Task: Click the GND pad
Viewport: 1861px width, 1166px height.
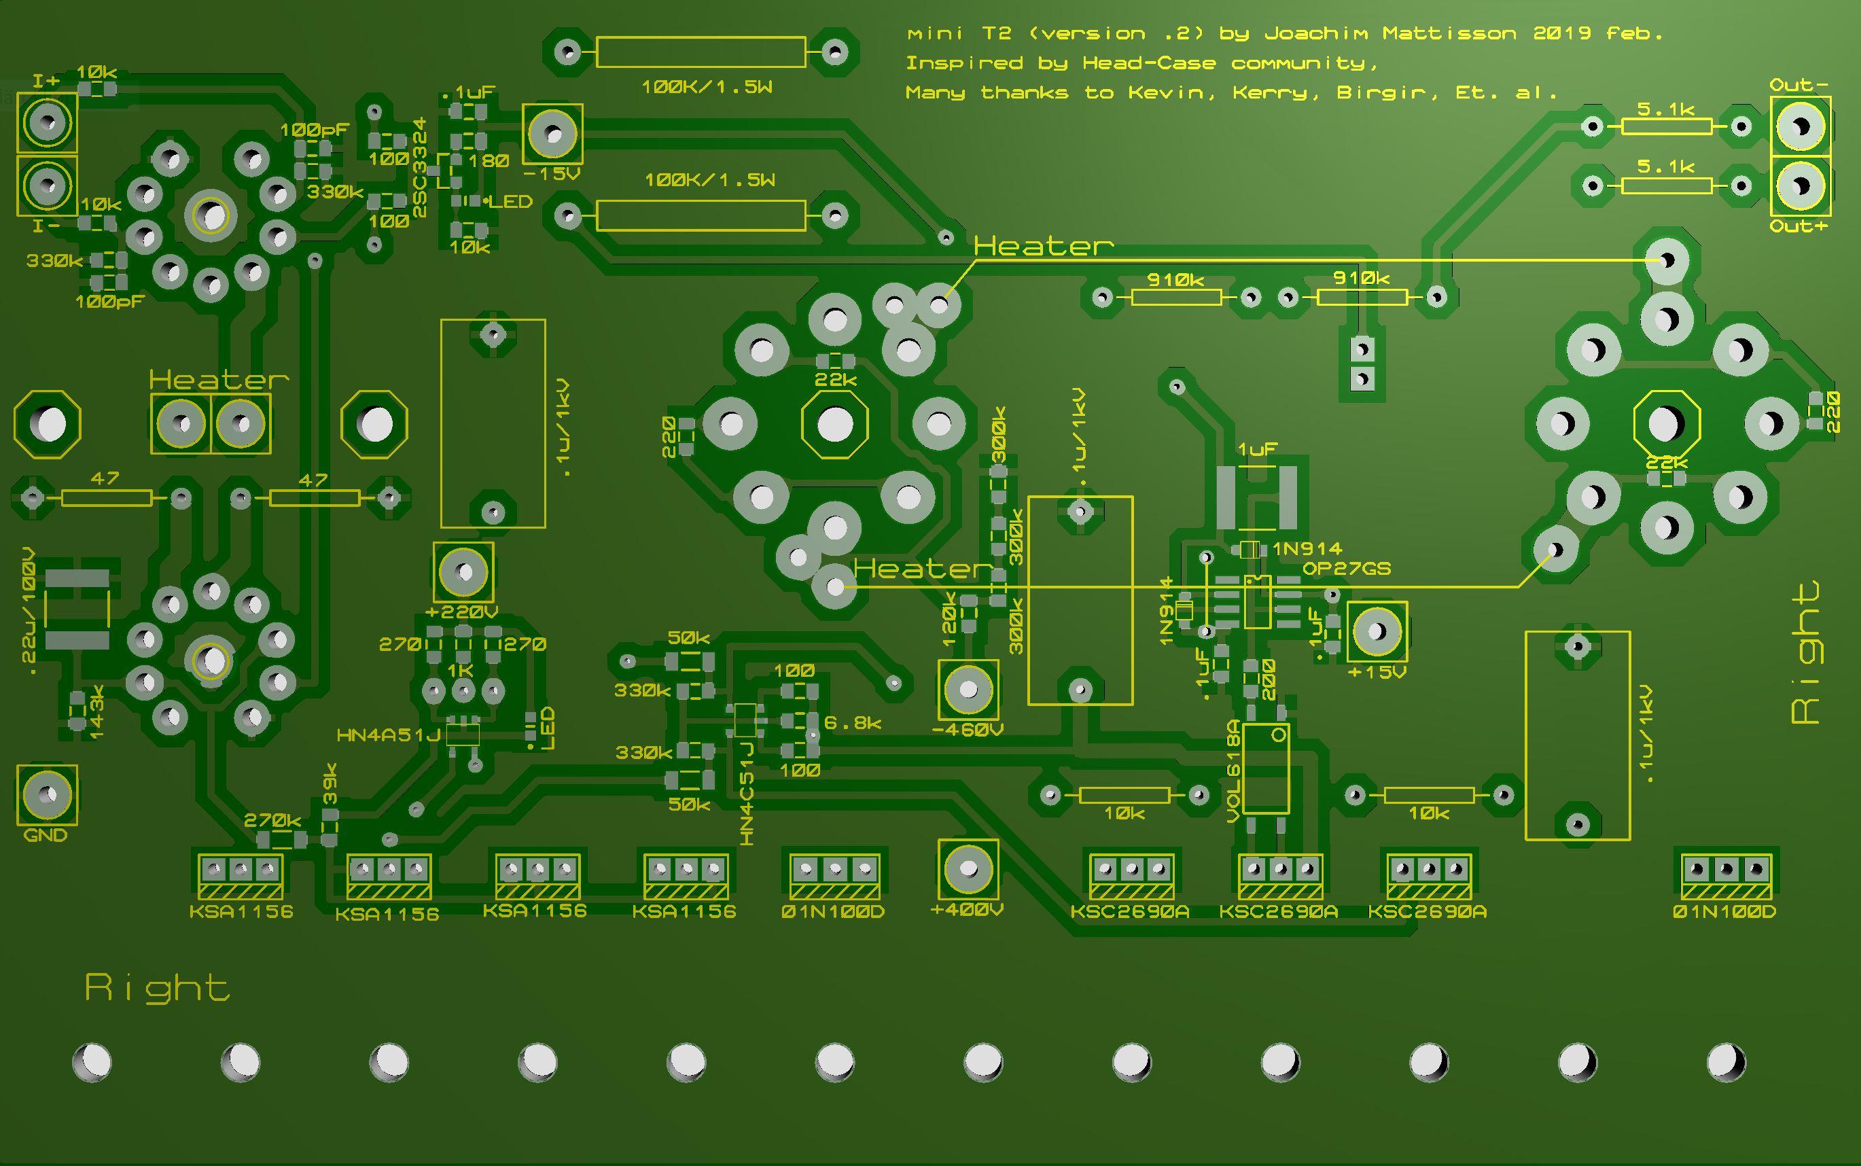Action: [x=47, y=795]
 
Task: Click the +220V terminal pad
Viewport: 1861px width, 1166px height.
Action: [x=463, y=572]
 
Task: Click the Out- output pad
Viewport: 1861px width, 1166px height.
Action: [x=1800, y=126]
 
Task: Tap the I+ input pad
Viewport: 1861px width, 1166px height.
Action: [x=47, y=122]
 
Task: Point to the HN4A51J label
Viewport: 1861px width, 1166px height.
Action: [x=389, y=736]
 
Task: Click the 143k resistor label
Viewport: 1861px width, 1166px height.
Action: [x=97, y=715]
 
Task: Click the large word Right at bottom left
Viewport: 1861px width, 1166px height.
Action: [x=157, y=989]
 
